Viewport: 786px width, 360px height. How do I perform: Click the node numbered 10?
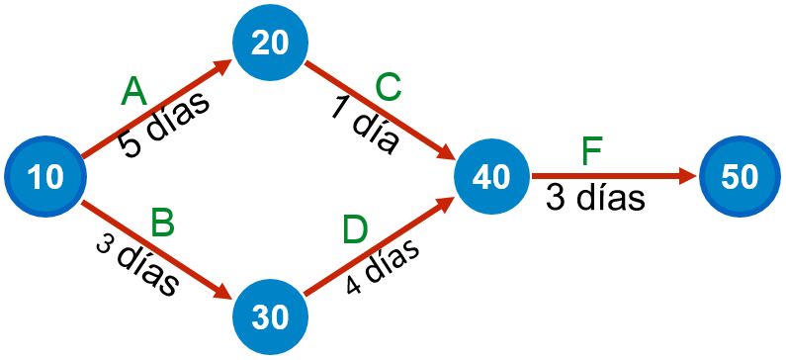tap(44, 177)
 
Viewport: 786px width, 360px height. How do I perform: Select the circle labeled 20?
tap(270, 43)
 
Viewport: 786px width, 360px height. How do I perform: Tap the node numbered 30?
tap(270, 316)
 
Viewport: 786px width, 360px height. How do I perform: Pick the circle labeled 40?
tap(491, 177)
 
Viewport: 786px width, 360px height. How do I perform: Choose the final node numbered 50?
tap(739, 177)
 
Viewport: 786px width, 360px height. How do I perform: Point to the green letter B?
tap(162, 224)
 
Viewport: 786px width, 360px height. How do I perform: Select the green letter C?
tap(388, 88)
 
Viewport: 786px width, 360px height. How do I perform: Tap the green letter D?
tap(355, 230)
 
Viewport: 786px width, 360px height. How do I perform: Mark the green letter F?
tap(591, 151)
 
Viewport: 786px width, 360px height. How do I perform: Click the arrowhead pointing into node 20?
tap(222, 66)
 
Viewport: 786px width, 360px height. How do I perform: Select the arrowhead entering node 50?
tap(688, 177)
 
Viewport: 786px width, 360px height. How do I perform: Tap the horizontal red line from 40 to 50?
tap(608, 177)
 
